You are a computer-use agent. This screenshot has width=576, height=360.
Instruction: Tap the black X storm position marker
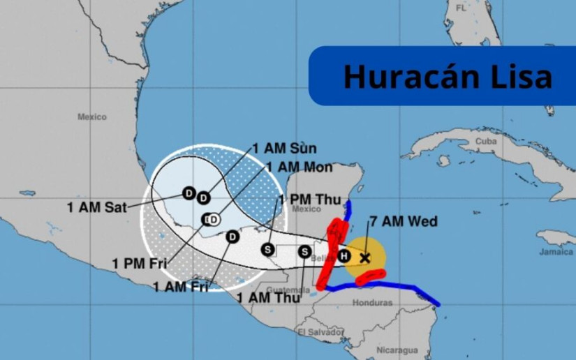pyautogui.click(x=364, y=257)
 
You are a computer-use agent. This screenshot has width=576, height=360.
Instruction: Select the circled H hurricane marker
pyautogui.click(x=344, y=255)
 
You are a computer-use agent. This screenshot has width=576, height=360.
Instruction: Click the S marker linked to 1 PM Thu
pyautogui.click(x=267, y=249)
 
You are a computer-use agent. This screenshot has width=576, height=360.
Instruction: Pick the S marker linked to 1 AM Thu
pyautogui.click(x=304, y=251)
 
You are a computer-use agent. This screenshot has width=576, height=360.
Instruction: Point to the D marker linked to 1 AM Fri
pyautogui.click(x=232, y=237)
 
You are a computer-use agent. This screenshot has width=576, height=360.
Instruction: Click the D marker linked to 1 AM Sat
pyautogui.click(x=189, y=193)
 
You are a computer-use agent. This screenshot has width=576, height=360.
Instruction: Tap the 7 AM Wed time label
pyautogui.click(x=404, y=222)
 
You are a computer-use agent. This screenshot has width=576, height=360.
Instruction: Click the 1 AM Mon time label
pyautogui.click(x=300, y=167)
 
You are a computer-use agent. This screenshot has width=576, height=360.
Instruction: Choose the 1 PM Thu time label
pyautogui.click(x=310, y=200)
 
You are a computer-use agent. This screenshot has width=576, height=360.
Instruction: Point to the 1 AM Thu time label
pyautogui.click(x=269, y=298)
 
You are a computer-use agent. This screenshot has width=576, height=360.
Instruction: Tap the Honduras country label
pyautogui.click(x=373, y=303)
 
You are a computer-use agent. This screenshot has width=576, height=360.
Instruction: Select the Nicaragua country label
pyautogui.click(x=397, y=350)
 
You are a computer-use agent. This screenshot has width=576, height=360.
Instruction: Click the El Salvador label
pyautogui.click(x=318, y=332)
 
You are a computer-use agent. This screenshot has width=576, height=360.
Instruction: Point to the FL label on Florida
pyautogui.click(x=461, y=8)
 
